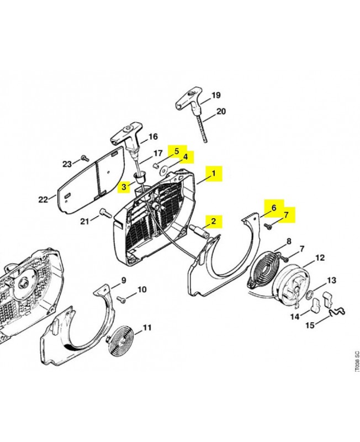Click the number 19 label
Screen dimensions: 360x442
point(216,95)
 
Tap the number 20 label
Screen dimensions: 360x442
point(221,112)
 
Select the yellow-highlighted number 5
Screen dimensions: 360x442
point(177,151)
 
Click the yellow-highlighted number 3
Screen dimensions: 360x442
point(124,187)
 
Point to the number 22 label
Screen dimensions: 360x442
point(43,199)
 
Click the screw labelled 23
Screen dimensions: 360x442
point(83,158)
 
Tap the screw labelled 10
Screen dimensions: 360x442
point(121,298)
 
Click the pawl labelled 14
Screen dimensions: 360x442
point(315,304)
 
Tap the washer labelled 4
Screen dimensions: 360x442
point(163,170)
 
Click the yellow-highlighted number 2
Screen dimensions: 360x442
point(213,221)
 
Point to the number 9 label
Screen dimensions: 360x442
point(123,281)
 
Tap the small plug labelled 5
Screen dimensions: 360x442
point(155,165)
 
